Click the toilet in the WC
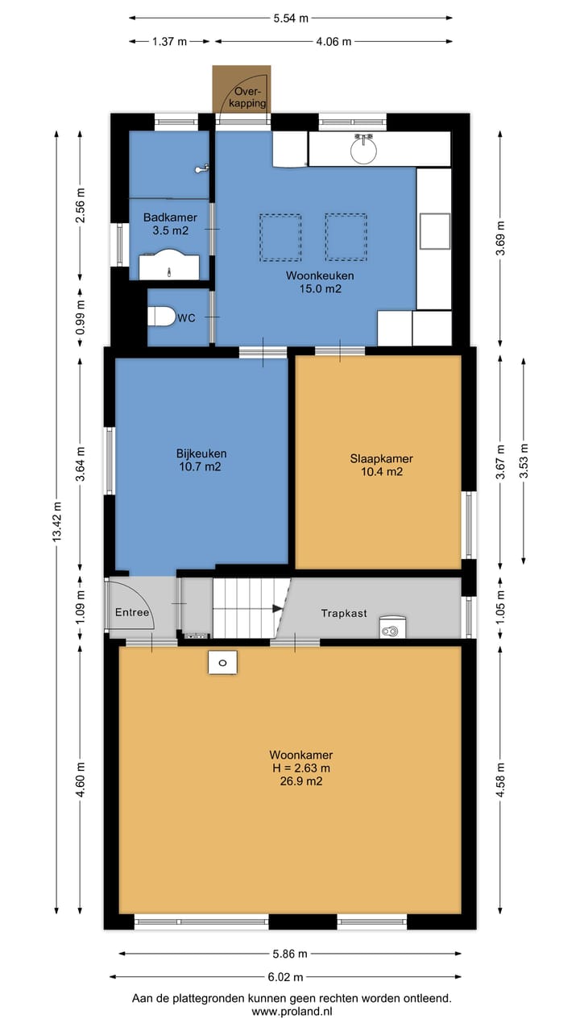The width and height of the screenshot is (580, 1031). pyautogui.click(x=162, y=317)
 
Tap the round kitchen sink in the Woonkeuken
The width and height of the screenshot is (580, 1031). pyautogui.click(x=363, y=149)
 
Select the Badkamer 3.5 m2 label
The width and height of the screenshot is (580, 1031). pyautogui.click(x=170, y=224)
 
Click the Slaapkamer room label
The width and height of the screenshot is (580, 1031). pyautogui.click(x=382, y=465)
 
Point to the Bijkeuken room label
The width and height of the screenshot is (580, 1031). pyautogui.click(x=201, y=460)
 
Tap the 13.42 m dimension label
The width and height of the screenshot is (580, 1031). pyautogui.click(x=57, y=521)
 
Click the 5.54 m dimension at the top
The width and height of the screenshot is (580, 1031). pyautogui.click(x=291, y=19)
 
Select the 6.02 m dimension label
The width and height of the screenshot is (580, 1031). pyautogui.click(x=285, y=977)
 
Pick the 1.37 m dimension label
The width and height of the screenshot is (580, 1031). pyautogui.click(x=169, y=41)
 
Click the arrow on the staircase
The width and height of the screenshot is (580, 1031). pyautogui.click(x=277, y=608)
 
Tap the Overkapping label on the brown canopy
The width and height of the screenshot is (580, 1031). pyautogui.click(x=247, y=97)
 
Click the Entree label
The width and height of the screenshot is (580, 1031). pyautogui.click(x=132, y=613)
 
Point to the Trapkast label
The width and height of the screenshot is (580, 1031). pyautogui.click(x=344, y=613)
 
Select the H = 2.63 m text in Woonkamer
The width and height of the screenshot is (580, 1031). pyautogui.click(x=301, y=768)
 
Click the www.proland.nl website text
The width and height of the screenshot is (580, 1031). pyautogui.click(x=292, y=1011)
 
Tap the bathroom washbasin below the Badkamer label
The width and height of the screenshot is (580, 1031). pyautogui.click(x=169, y=265)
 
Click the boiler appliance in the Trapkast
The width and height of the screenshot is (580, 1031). pyautogui.click(x=392, y=627)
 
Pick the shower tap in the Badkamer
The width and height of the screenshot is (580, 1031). pyautogui.click(x=202, y=168)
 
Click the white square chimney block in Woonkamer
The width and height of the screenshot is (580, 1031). pyautogui.click(x=223, y=662)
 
